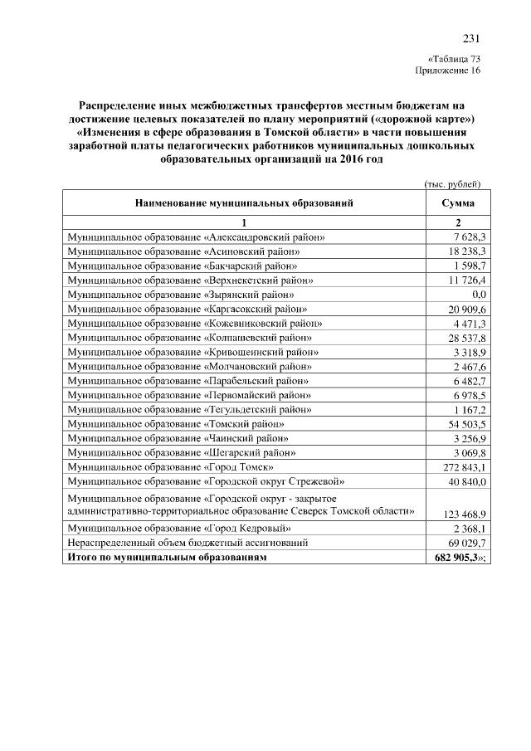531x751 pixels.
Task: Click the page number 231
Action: pyautogui.click(x=471, y=38)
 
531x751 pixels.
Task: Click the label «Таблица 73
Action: pyautogui.click(x=454, y=60)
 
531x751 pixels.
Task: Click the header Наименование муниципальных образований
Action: pyautogui.click(x=245, y=202)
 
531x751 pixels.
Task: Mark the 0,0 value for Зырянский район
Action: pyautogui.click(x=478, y=294)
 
